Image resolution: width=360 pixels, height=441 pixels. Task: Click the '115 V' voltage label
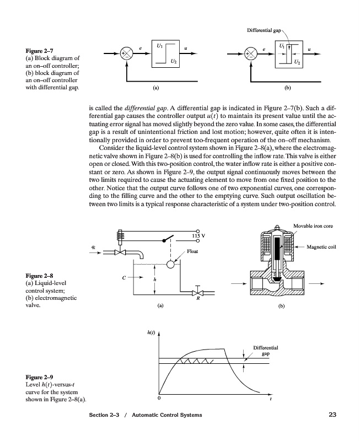(199, 236)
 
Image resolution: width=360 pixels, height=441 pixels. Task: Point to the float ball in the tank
(170, 265)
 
